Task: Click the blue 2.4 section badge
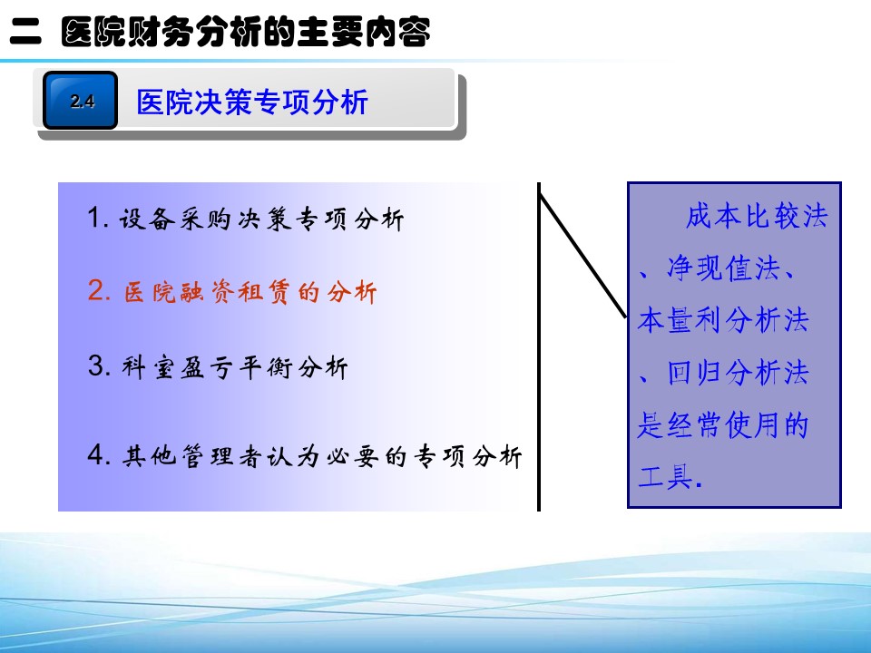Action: tap(80, 101)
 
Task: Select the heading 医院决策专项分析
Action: tap(252, 102)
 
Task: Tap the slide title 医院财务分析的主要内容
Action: tap(246, 33)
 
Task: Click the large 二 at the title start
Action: tap(25, 33)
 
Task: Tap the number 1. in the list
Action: tap(98, 218)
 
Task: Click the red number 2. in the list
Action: tap(99, 290)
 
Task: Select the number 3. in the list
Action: tap(99, 365)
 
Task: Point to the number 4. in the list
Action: tap(100, 454)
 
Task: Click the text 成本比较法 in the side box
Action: tap(757, 216)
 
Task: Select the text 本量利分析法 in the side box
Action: tap(723, 320)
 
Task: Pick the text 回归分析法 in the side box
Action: tap(738, 373)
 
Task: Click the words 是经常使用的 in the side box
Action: tap(723, 424)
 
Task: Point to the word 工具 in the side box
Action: tap(665, 477)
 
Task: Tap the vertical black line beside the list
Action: tap(539, 346)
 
